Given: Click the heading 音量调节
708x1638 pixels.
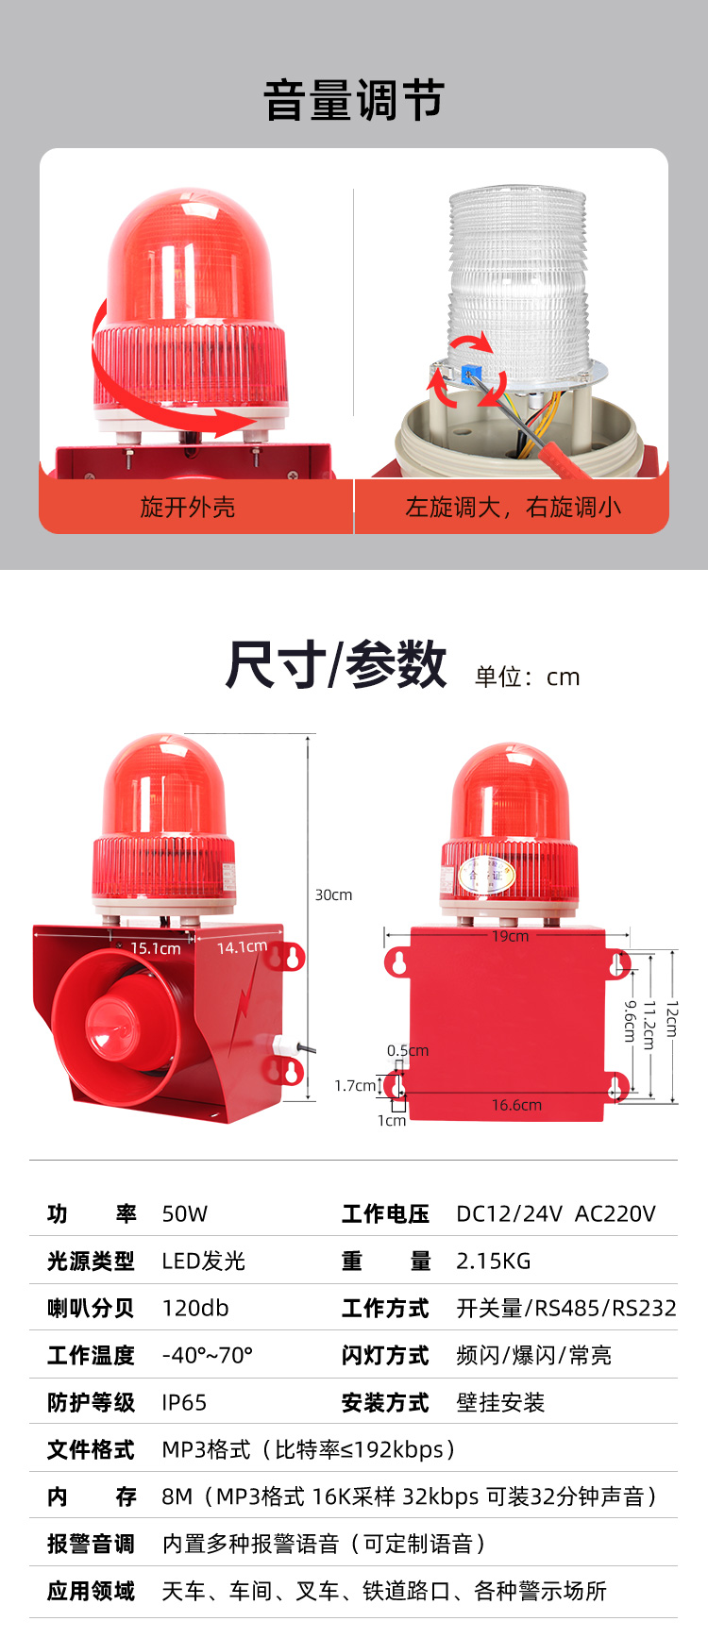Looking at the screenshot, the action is point(354,100).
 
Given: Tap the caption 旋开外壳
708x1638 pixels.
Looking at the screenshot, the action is point(187,508).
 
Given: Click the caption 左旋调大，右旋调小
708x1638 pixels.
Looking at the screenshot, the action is point(514,508).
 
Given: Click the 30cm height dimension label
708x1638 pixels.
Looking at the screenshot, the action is point(333,894).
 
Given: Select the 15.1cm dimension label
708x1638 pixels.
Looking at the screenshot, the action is point(156,948).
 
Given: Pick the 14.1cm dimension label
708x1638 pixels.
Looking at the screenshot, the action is point(242,946).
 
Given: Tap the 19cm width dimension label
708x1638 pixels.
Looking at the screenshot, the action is point(510,936).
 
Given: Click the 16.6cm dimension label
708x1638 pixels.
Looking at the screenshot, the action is point(516,1105).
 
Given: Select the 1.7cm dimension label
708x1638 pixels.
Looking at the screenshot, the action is point(355,1086).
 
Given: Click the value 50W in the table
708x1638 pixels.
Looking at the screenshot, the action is point(185,1213).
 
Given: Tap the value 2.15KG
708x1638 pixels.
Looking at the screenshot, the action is point(494,1261).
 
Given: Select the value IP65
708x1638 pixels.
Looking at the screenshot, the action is point(184,1402).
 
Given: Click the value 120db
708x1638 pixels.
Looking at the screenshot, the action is point(195,1308).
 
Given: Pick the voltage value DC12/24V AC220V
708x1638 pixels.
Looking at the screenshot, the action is point(556,1213).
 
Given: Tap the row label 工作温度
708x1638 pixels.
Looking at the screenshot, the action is point(91,1355).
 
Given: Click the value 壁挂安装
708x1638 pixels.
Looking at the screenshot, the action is point(500,1402).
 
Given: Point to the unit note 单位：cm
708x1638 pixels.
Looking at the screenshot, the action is point(527,677).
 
